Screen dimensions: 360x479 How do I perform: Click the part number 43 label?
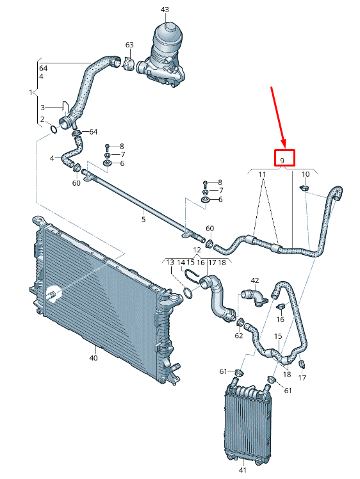(x=165, y=10)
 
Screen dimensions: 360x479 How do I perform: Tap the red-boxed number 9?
(x=282, y=160)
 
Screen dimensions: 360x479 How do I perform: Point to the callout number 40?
(x=94, y=358)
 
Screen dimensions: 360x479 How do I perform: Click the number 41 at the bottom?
(x=242, y=470)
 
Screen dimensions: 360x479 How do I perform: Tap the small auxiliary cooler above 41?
(x=248, y=421)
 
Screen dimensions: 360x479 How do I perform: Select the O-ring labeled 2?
(x=53, y=129)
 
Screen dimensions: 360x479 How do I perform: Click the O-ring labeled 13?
(x=188, y=293)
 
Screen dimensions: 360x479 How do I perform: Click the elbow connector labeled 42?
(x=254, y=296)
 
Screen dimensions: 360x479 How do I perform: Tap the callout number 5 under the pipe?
(x=143, y=219)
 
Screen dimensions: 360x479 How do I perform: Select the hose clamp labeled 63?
(x=129, y=63)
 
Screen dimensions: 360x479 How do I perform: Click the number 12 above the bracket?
(x=197, y=250)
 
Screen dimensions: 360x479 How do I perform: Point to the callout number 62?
(x=239, y=336)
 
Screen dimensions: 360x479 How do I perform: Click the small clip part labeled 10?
(x=304, y=188)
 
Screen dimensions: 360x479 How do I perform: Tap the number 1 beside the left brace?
(x=31, y=92)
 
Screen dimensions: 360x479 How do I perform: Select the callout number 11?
(x=262, y=174)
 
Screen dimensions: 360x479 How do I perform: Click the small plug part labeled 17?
(x=303, y=364)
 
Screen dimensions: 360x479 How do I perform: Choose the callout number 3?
(x=43, y=107)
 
